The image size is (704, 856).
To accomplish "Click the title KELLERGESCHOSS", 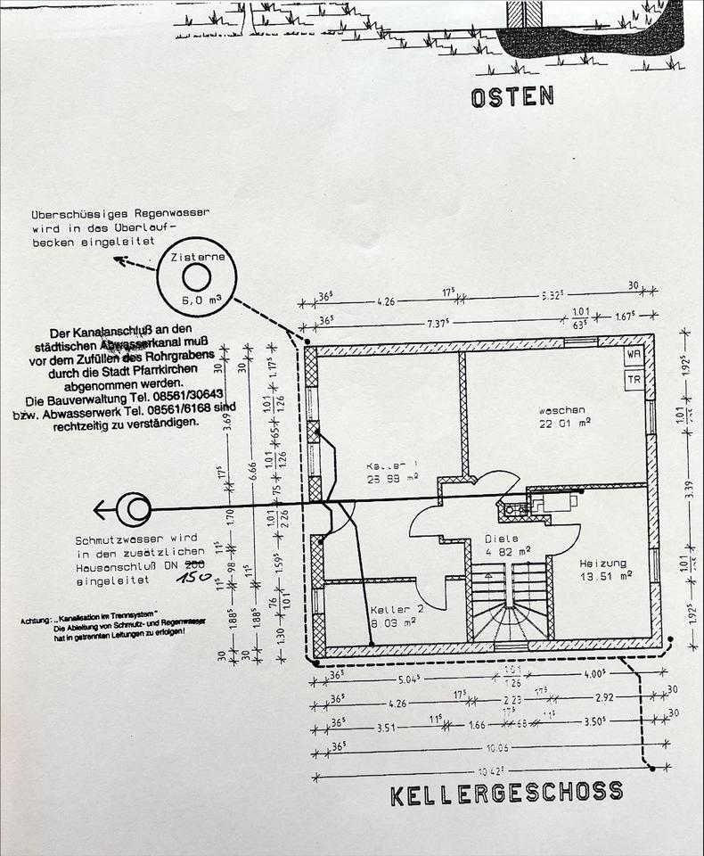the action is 506,792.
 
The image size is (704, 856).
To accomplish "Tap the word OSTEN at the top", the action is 512,96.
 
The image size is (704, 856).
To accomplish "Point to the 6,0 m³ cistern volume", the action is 196,300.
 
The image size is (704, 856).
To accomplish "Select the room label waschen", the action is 562,410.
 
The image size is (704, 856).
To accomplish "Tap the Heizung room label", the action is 602,564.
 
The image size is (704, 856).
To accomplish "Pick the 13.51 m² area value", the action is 606,576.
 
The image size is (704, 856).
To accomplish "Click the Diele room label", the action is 501,539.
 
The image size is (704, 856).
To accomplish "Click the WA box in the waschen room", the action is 634,355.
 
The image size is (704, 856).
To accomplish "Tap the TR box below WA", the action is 634,378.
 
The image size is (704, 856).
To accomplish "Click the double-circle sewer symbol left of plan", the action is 135,509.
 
